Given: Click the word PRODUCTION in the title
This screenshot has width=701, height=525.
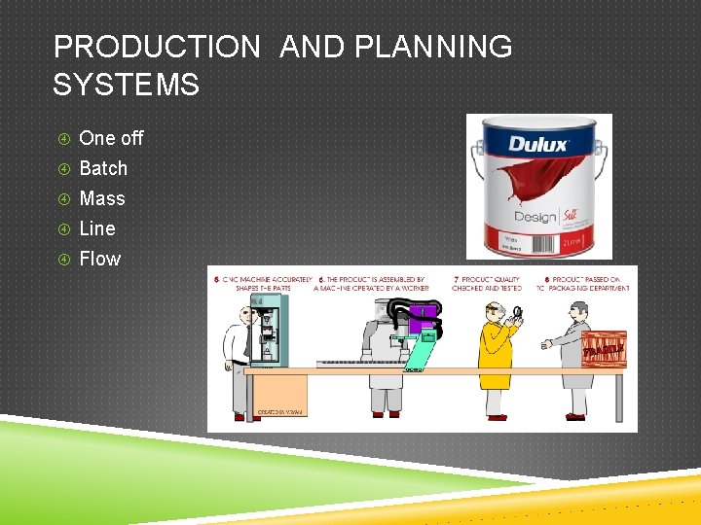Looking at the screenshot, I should (x=157, y=47).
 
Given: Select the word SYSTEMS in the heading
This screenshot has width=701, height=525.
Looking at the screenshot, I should (x=126, y=85).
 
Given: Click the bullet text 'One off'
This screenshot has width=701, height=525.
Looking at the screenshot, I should (x=111, y=138).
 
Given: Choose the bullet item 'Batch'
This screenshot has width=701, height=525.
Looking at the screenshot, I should (x=103, y=168).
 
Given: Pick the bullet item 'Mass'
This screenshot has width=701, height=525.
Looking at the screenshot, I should (x=102, y=198).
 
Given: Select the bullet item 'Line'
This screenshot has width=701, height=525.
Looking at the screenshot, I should (x=97, y=228).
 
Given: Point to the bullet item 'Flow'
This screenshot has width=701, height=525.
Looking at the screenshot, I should (x=100, y=259).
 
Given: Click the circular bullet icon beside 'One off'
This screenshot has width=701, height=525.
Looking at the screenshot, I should (x=62, y=138).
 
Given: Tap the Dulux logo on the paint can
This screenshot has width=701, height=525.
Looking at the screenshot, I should (x=538, y=145).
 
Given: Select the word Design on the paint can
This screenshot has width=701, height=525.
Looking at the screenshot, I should (x=535, y=216).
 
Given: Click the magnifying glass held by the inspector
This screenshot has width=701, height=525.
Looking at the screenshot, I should (x=517, y=313).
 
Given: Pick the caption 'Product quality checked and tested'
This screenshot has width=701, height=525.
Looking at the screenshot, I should (x=486, y=284).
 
